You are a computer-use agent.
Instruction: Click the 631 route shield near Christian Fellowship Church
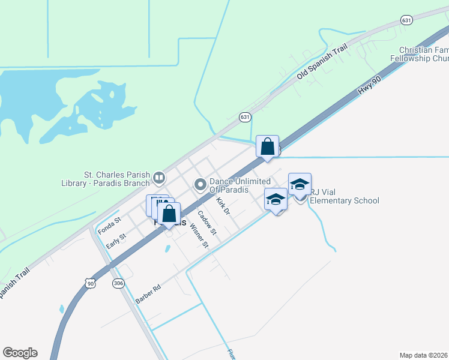407,20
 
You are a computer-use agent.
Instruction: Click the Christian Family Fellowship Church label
424,55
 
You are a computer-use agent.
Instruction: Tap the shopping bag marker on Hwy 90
267,146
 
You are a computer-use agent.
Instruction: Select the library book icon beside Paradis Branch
158,177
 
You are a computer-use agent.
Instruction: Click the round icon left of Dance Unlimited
199,184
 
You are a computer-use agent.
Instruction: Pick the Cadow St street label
206,222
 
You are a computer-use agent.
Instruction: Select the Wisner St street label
199,235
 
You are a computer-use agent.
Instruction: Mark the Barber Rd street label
148,294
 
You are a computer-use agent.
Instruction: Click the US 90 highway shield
90,283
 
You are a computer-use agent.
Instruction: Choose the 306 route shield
118,283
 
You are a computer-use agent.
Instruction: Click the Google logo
20,353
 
